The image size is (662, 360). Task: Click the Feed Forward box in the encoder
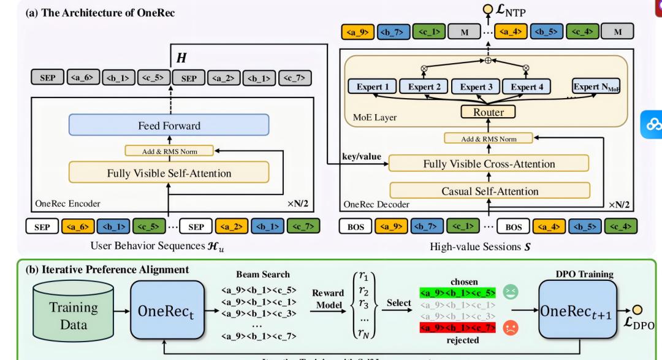coord(169,125)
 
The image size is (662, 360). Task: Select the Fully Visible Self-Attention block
coord(169,173)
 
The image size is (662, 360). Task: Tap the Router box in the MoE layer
coord(489,112)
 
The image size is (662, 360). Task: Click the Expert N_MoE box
coord(595,87)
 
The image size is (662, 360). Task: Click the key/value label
coord(362,157)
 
